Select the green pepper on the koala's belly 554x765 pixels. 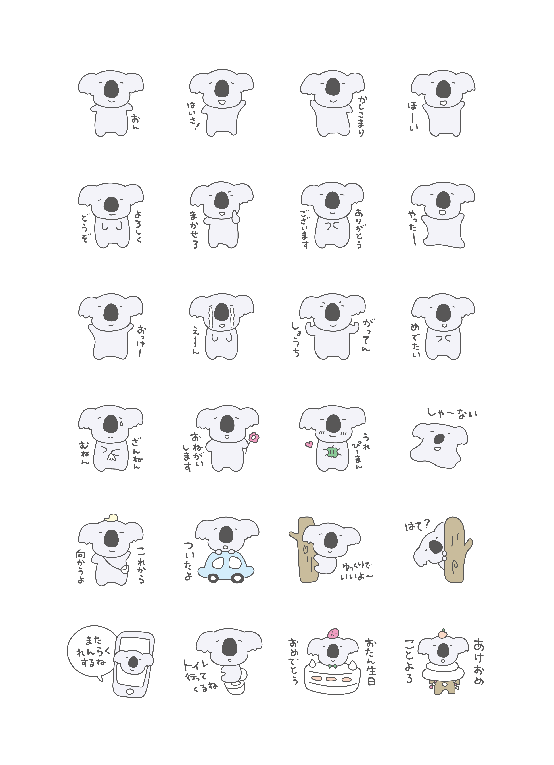tap(333, 452)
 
